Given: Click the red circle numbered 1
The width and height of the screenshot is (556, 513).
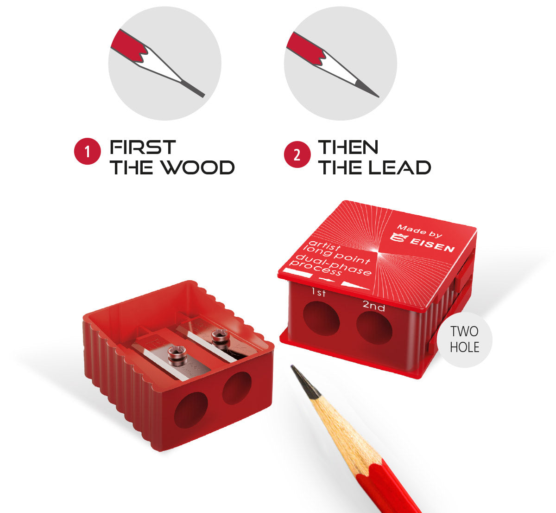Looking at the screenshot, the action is tap(87, 151).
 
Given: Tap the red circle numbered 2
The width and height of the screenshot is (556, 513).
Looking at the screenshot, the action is tap(297, 154).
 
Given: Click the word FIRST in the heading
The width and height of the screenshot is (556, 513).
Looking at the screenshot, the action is tap(143, 147).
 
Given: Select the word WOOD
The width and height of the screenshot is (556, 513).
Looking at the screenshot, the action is tap(198, 167).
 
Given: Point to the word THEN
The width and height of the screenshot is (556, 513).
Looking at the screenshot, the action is tap(348, 147).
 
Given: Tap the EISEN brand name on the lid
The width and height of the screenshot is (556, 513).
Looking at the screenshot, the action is tap(432, 244).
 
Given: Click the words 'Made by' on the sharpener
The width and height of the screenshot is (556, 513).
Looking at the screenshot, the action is tap(419, 231).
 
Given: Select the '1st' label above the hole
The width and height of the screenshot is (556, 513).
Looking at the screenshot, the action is tap(318, 292).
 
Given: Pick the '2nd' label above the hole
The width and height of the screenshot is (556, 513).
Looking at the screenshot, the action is tap(374, 306).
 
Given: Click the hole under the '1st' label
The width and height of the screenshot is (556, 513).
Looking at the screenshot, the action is tap(321, 318).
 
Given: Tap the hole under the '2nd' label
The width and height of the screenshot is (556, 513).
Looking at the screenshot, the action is tap(374, 328).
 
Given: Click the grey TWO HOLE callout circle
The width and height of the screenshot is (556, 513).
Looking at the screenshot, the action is tap(465, 340).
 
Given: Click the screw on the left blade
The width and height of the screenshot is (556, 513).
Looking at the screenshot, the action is tap(177, 356).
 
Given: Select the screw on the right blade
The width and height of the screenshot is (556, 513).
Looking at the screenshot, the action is tap(221, 339).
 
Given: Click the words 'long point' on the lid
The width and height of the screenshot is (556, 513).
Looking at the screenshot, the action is tap(337, 255).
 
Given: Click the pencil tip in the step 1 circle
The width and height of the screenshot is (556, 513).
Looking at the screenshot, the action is tap(204, 96).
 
